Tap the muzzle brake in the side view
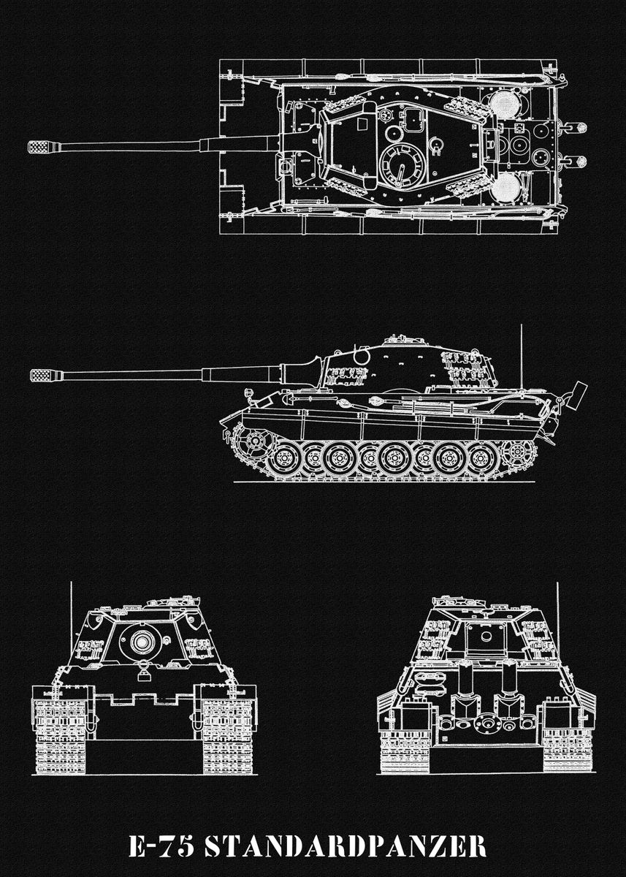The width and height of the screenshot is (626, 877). pos(43,376)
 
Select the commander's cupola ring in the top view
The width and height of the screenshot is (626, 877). pos(401,164)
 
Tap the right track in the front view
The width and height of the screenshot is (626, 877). pos(228,734)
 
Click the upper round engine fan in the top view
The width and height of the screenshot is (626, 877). pos(503,104)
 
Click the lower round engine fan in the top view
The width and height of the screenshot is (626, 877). pos(503,189)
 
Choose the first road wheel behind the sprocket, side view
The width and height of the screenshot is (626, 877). pos(283,460)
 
